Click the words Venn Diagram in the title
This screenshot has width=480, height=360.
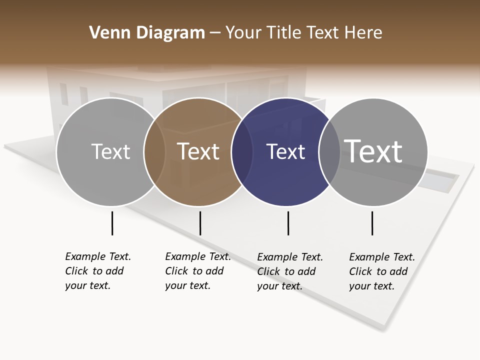tap(147, 33)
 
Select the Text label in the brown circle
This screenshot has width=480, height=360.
tap(198, 151)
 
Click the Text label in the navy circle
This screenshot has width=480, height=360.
tap(285, 152)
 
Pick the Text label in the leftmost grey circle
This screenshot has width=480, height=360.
tap(110, 151)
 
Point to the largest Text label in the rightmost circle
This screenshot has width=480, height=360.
tap(373, 151)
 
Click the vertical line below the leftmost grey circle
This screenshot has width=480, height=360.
tap(112, 223)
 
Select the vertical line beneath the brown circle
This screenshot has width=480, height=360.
tap(200, 223)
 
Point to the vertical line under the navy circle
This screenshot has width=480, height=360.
tap(288, 223)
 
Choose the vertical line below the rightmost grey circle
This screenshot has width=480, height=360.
tap(372, 223)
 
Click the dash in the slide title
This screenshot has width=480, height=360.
tap(215, 33)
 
